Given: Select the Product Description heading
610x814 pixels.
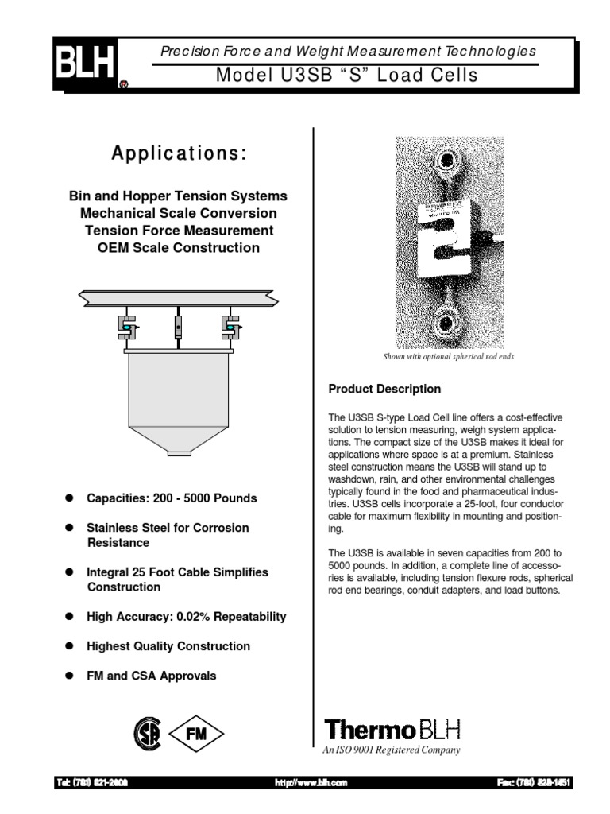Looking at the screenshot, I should [x=384, y=390].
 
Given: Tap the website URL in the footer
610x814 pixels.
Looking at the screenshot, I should [x=311, y=783].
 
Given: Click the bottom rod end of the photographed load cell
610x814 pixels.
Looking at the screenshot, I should [x=445, y=324].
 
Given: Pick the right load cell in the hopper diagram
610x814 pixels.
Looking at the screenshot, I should [x=229, y=326].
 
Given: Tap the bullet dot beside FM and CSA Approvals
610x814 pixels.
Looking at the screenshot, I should [x=69, y=676].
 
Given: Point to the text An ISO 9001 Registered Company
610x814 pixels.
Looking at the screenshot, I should [x=391, y=750].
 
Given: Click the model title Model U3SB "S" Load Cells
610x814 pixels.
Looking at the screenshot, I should [x=347, y=76].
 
